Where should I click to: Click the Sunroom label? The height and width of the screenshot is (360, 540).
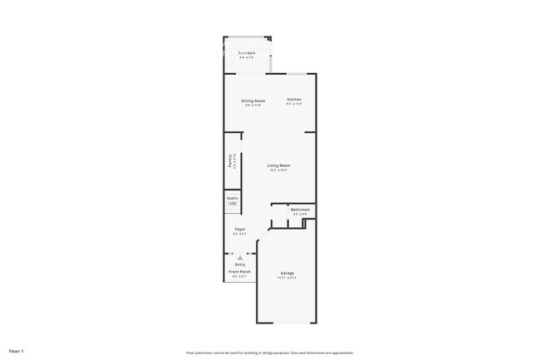pyautogui.click(x=246, y=53)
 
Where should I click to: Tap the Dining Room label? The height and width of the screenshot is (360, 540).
pyautogui.click(x=253, y=101)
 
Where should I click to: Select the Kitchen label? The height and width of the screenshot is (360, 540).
pyautogui.click(x=294, y=100)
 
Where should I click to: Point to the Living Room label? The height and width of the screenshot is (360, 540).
pyautogui.click(x=278, y=165)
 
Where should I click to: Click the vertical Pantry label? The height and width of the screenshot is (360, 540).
pyautogui.click(x=230, y=161)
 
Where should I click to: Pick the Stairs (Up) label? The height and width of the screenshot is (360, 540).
pyautogui.click(x=233, y=200)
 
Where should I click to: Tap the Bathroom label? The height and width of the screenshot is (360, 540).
pyautogui.click(x=300, y=209)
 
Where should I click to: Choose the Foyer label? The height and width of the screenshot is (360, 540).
pyautogui.click(x=239, y=229)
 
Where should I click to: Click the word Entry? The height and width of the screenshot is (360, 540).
pyautogui.click(x=239, y=264)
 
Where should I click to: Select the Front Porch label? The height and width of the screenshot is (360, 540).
pyautogui.click(x=239, y=272)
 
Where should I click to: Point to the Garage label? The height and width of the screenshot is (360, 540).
pyautogui.click(x=287, y=273)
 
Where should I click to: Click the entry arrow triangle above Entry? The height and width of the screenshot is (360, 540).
pyautogui.click(x=239, y=258)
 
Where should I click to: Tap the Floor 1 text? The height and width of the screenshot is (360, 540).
pyautogui.click(x=17, y=351)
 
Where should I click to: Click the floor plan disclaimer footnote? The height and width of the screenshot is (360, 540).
pyautogui.click(x=269, y=352)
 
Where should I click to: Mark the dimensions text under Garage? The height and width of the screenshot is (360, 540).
pyautogui.click(x=287, y=278)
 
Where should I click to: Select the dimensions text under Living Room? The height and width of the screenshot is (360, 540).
pyautogui.click(x=278, y=170)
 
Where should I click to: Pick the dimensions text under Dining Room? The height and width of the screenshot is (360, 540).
pyautogui.click(x=253, y=105)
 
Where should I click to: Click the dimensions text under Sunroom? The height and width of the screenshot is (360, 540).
pyautogui.click(x=246, y=57)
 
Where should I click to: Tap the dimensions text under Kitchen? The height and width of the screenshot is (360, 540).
pyautogui.click(x=294, y=104)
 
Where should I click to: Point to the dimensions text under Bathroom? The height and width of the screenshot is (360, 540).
pyautogui.click(x=300, y=214)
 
